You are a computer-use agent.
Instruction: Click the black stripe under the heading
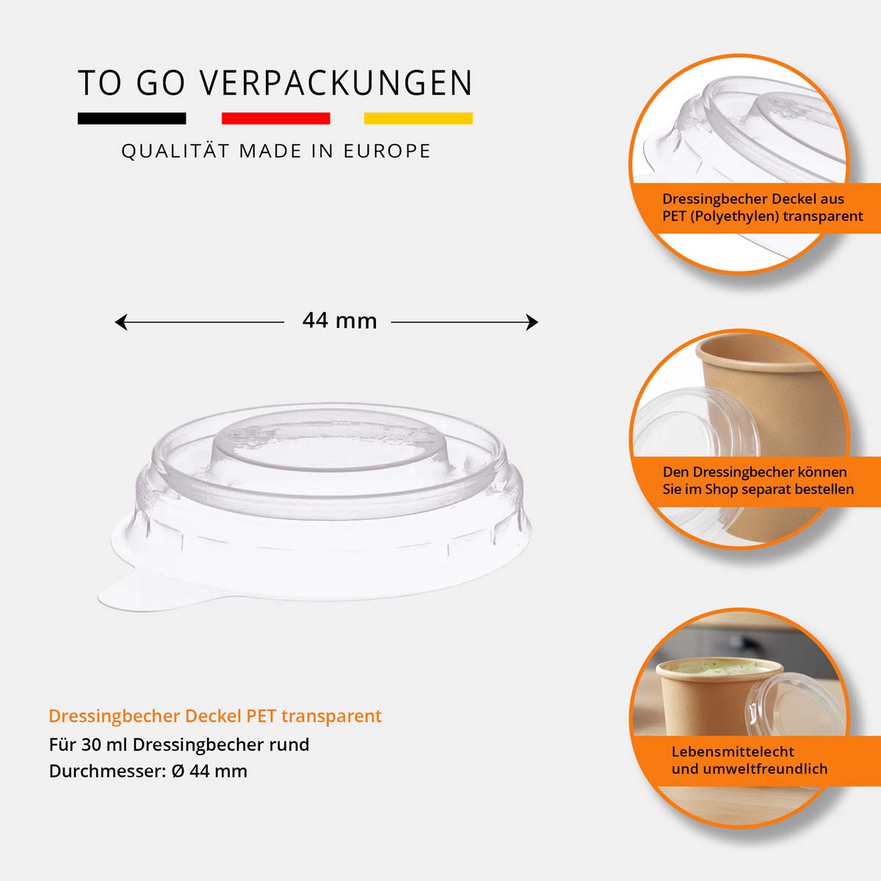(132, 118)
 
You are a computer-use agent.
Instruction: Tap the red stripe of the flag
(275, 118)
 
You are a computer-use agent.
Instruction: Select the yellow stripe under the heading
(418, 118)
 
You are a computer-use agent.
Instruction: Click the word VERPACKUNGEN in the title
(336, 83)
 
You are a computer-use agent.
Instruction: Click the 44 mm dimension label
(339, 321)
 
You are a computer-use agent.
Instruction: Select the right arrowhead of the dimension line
(532, 322)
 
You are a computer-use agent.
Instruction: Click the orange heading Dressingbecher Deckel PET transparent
(215, 716)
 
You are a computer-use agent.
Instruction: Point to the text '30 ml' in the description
(104, 744)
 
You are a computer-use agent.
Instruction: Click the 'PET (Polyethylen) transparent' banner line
(762, 217)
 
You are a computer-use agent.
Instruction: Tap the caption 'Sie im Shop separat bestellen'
(758, 490)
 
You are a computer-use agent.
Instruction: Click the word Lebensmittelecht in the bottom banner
(733, 751)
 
